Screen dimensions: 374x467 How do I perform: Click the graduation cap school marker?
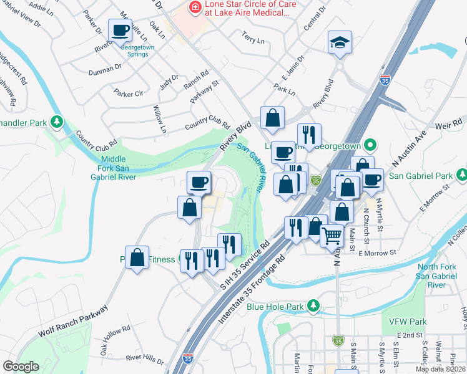pyautogui.click(x=340, y=43)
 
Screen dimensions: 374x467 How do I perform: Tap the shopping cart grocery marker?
pyautogui.click(x=332, y=236)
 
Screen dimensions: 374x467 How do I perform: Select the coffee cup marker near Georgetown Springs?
pyautogui.click(x=120, y=31)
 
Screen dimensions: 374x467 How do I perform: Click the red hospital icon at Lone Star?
pyautogui.click(x=194, y=7)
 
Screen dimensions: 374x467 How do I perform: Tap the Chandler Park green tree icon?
pyautogui.click(x=57, y=120)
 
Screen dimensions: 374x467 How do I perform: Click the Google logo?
pyautogui.click(x=21, y=367)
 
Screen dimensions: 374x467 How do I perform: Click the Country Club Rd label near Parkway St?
pyautogui.click(x=207, y=126)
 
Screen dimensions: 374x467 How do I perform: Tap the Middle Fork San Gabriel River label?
pyautogui.click(x=119, y=168)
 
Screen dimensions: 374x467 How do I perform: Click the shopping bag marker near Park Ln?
pyautogui.click(x=273, y=118)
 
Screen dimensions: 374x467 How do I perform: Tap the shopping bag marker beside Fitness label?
pyautogui.click(x=137, y=257)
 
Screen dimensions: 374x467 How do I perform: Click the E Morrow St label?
pyautogui.click(x=377, y=252)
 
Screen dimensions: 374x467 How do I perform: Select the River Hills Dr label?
pyautogui.click(x=144, y=360)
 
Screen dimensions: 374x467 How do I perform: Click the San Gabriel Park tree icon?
pyautogui.click(x=461, y=173)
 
